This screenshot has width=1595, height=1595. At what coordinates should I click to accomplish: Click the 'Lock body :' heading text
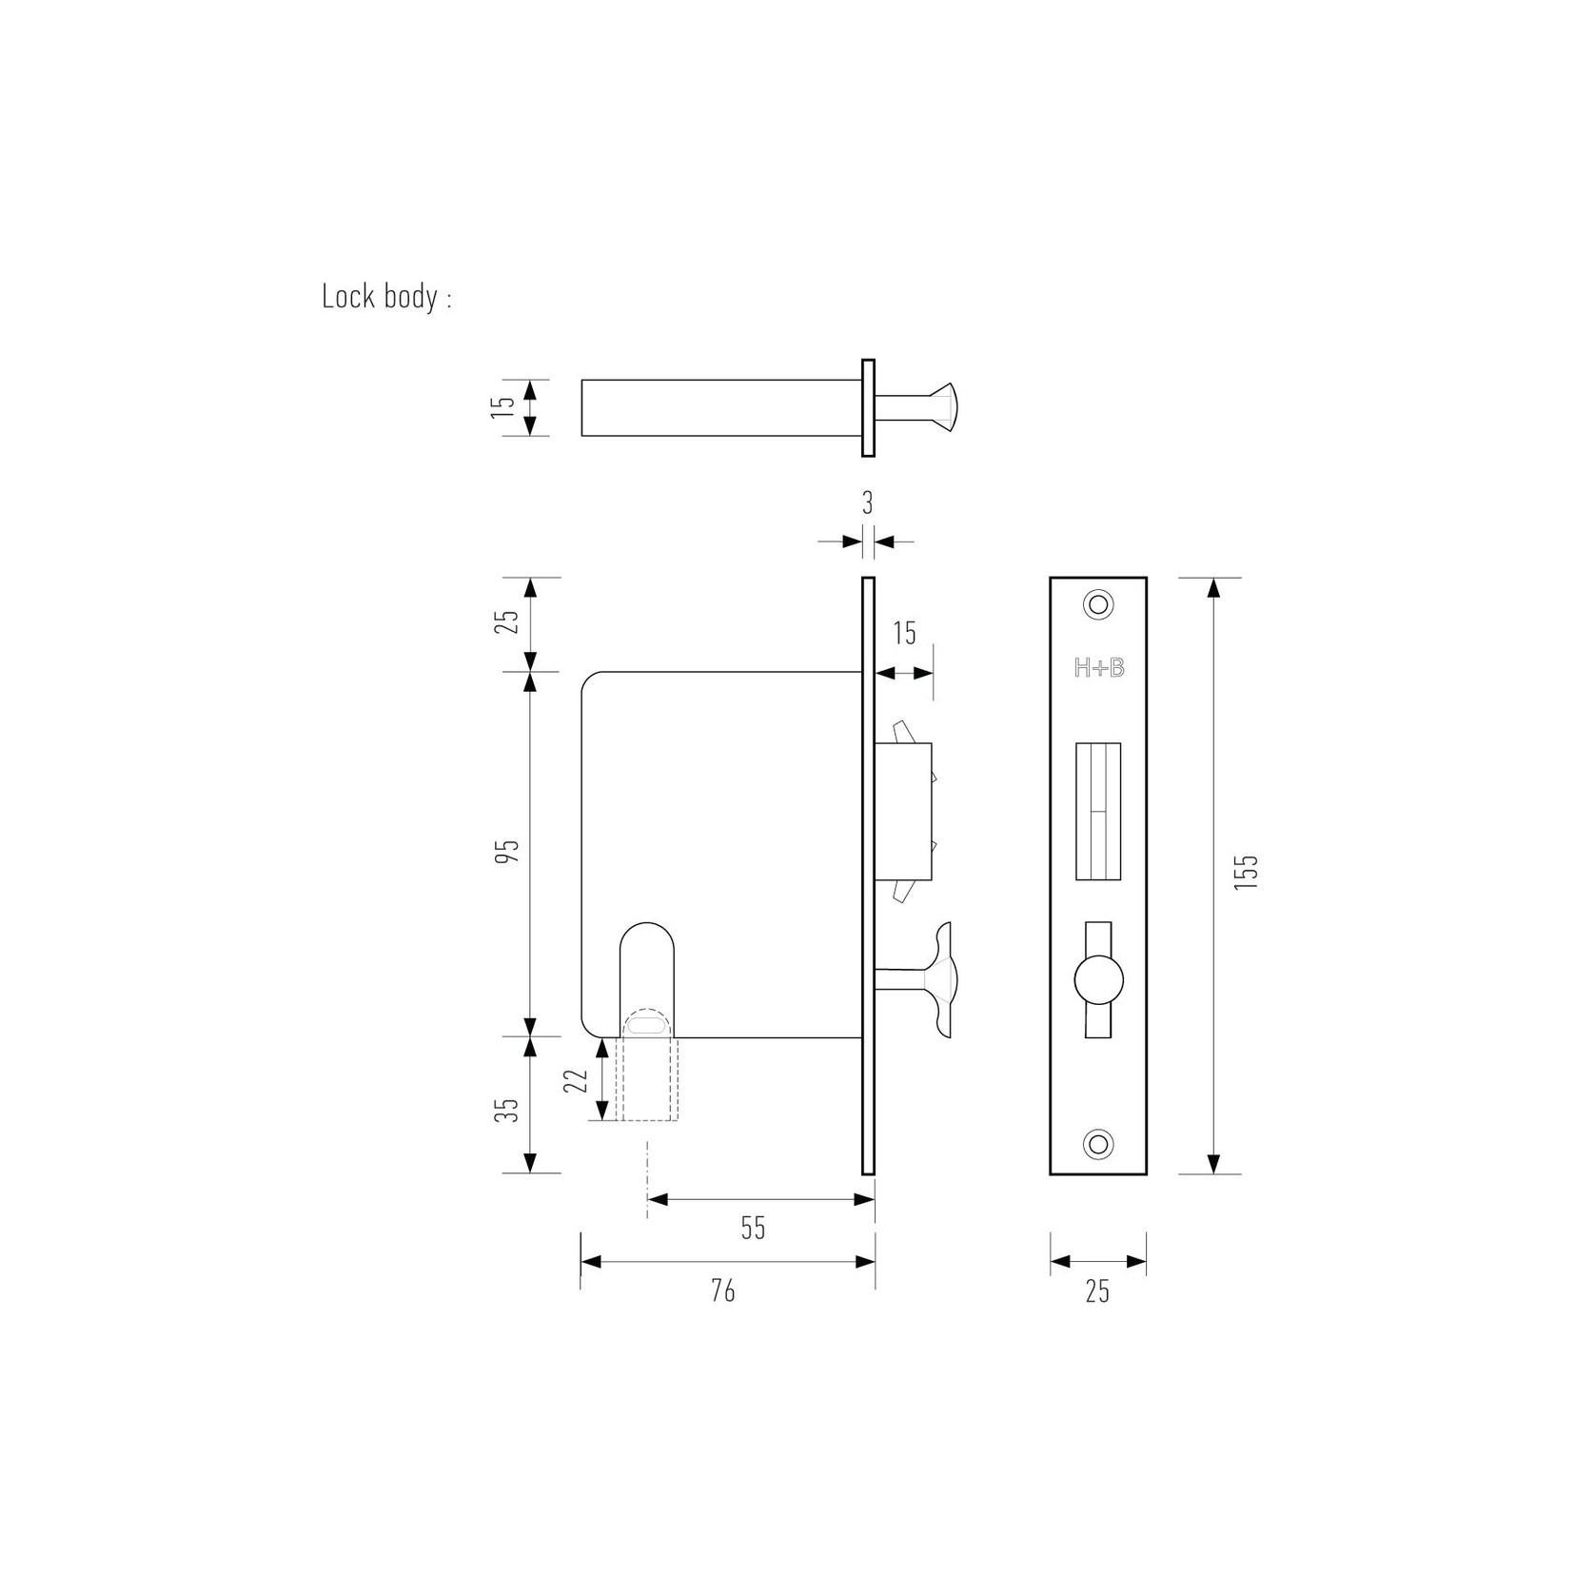coord(386,297)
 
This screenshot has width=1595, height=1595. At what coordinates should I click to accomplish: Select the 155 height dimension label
coord(1247,872)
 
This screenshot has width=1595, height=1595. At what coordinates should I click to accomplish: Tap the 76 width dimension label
coord(723,1290)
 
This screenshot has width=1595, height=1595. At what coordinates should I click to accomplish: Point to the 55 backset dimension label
coord(753,1228)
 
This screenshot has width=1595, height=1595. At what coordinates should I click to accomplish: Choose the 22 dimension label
coord(575,1081)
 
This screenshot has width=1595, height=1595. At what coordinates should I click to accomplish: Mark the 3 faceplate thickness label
coord(868,503)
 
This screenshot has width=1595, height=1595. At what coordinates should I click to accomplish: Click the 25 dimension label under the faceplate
coord(1097,1291)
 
